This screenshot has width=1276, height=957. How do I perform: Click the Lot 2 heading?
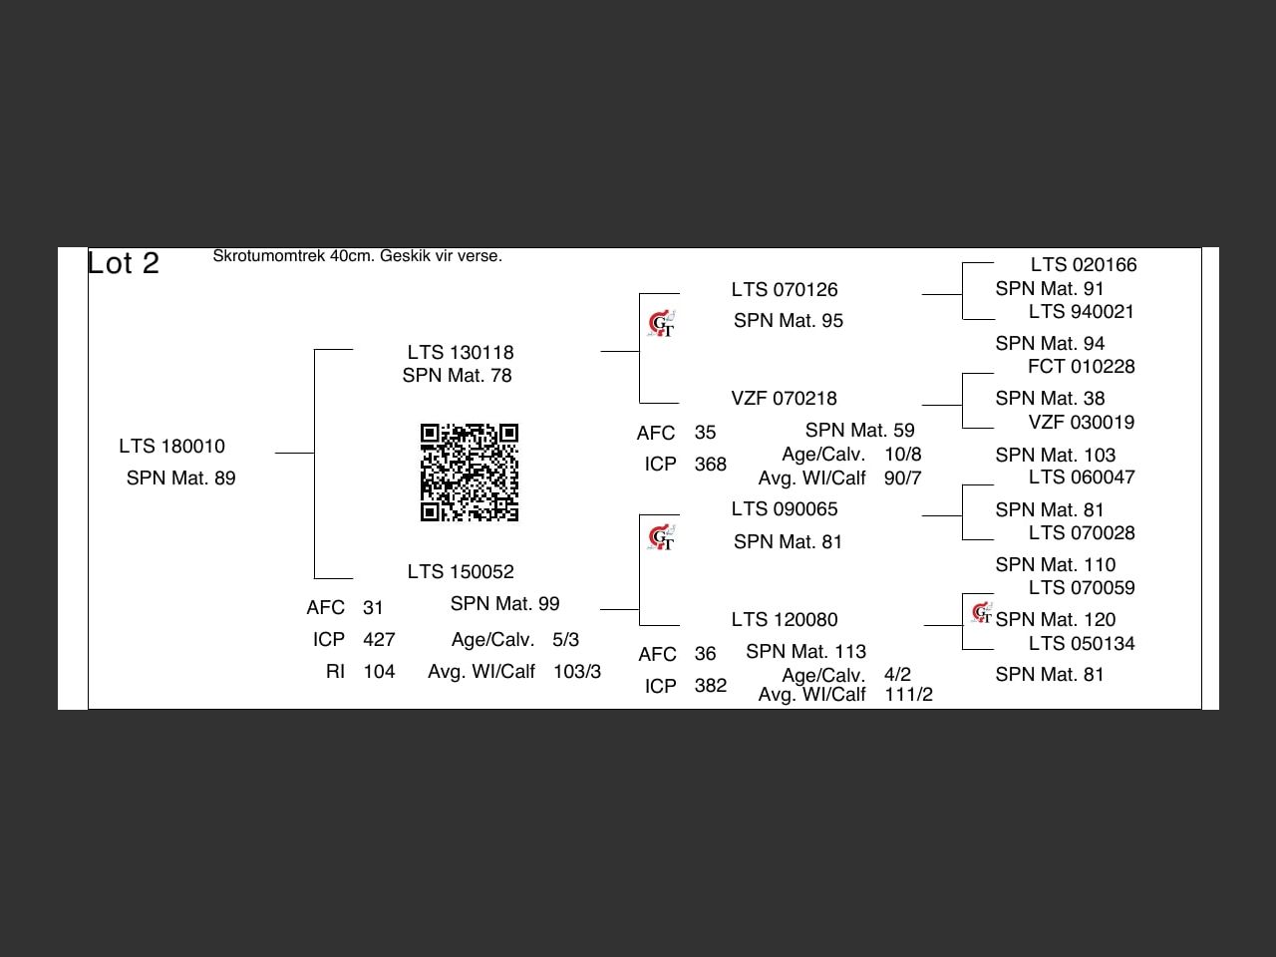(x=124, y=263)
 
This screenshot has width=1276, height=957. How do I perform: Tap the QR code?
(x=470, y=473)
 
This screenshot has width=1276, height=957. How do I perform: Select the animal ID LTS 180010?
(x=171, y=447)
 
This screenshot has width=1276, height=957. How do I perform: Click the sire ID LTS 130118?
(x=461, y=353)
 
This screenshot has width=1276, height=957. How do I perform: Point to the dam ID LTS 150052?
(x=461, y=572)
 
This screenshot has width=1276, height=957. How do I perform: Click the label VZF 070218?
(x=784, y=399)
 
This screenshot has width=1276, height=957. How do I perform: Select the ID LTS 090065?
(x=784, y=509)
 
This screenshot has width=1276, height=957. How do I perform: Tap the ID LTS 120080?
(x=784, y=620)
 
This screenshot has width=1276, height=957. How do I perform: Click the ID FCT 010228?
(x=1081, y=367)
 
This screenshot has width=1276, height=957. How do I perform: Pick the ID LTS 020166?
(x=1083, y=265)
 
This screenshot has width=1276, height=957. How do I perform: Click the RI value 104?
(x=379, y=672)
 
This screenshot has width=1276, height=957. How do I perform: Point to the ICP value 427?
(x=379, y=640)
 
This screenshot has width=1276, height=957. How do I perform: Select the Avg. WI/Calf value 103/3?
(x=576, y=672)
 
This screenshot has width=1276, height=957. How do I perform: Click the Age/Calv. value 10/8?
(x=902, y=455)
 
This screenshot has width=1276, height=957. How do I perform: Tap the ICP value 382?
(x=710, y=686)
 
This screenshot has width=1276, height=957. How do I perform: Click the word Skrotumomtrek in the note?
(x=269, y=256)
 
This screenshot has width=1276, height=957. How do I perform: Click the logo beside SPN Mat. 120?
(x=982, y=612)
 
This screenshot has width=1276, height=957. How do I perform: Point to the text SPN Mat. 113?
(x=805, y=652)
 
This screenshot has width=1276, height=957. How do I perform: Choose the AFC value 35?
(x=705, y=433)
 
